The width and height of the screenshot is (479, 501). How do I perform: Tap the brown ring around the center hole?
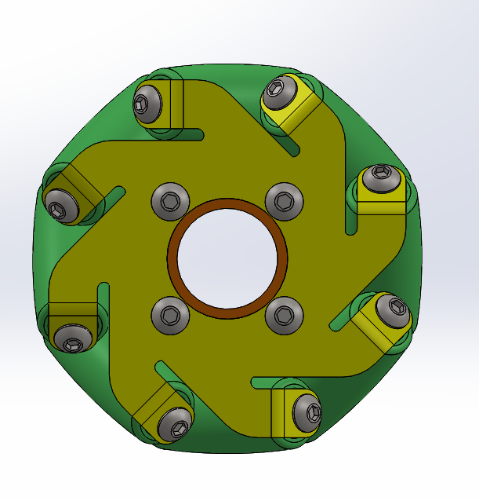(x=227, y=203)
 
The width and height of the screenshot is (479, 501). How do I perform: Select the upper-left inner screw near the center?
(x=169, y=201)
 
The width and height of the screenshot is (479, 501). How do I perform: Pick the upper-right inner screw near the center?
(x=284, y=201)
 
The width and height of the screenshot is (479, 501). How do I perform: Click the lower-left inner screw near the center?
(x=169, y=316)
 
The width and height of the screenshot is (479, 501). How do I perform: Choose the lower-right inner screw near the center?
(x=284, y=316)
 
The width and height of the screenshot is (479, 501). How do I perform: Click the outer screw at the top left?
(x=147, y=103)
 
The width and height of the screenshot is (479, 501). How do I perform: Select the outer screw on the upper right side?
(x=380, y=178)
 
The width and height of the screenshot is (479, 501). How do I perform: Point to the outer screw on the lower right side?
(x=392, y=313)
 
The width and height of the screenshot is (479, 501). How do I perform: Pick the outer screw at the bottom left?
(x=175, y=423)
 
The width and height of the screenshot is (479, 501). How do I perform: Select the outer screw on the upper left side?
(x=60, y=205)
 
